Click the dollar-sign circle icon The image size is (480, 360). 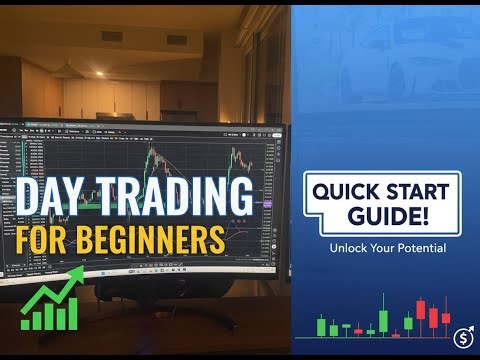pos(462,337)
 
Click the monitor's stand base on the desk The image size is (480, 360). pos(150,290)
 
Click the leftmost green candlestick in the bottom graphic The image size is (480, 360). pos(321,327)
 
